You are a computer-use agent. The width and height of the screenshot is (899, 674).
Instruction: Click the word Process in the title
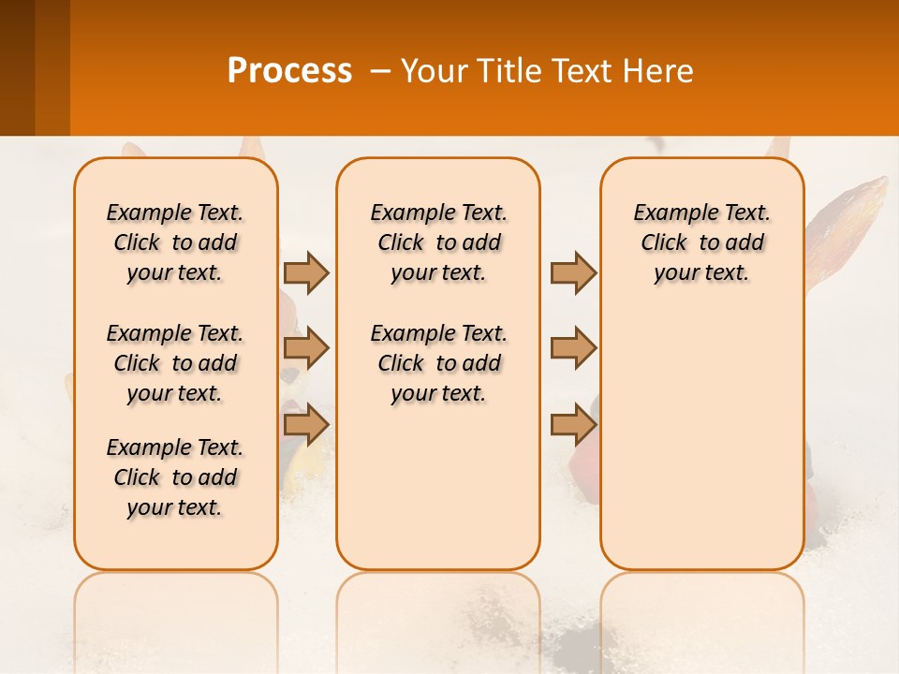pos(289,71)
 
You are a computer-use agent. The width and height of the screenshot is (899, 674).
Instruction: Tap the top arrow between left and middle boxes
pos(306,272)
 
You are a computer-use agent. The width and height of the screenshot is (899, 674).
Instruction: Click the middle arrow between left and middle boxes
pos(306,349)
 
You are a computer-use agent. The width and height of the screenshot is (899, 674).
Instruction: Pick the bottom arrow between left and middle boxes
pos(306,425)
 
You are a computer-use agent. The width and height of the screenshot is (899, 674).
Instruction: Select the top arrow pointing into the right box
pos(573,272)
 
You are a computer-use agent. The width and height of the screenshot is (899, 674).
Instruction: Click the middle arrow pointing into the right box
pos(573,349)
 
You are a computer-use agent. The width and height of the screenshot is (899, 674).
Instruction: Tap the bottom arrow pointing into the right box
pos(573,425)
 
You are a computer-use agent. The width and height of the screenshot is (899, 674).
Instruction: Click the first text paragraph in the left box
pos(175,242)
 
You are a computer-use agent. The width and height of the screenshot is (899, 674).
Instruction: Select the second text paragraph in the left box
pos(175,363)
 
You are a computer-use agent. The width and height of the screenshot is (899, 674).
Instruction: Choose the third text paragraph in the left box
pos(175,477)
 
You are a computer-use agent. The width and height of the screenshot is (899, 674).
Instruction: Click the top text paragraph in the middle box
pos(438,242)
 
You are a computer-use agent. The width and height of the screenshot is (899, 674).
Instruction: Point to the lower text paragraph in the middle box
pos(438,363)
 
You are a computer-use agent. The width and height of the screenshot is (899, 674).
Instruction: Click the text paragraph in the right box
pos(701,242)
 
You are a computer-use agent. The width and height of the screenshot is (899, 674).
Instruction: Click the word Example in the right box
pos(666,212)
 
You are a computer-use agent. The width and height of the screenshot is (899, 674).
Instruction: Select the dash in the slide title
pos(380,71)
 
